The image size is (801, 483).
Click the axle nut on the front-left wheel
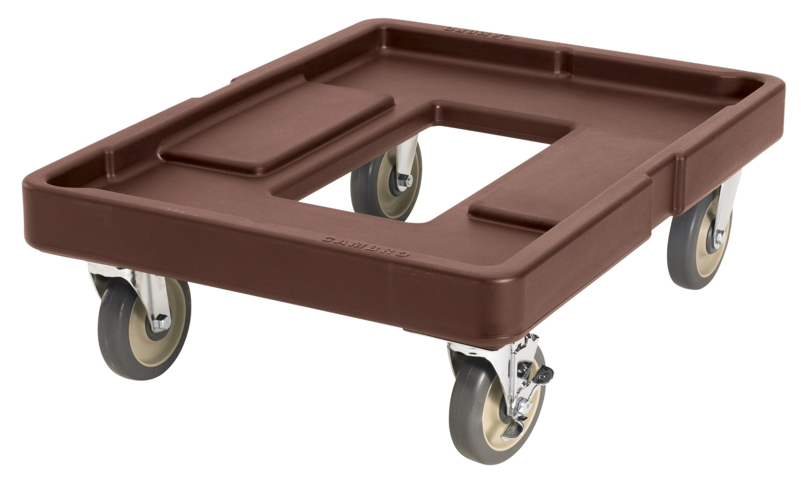(159, 322)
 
